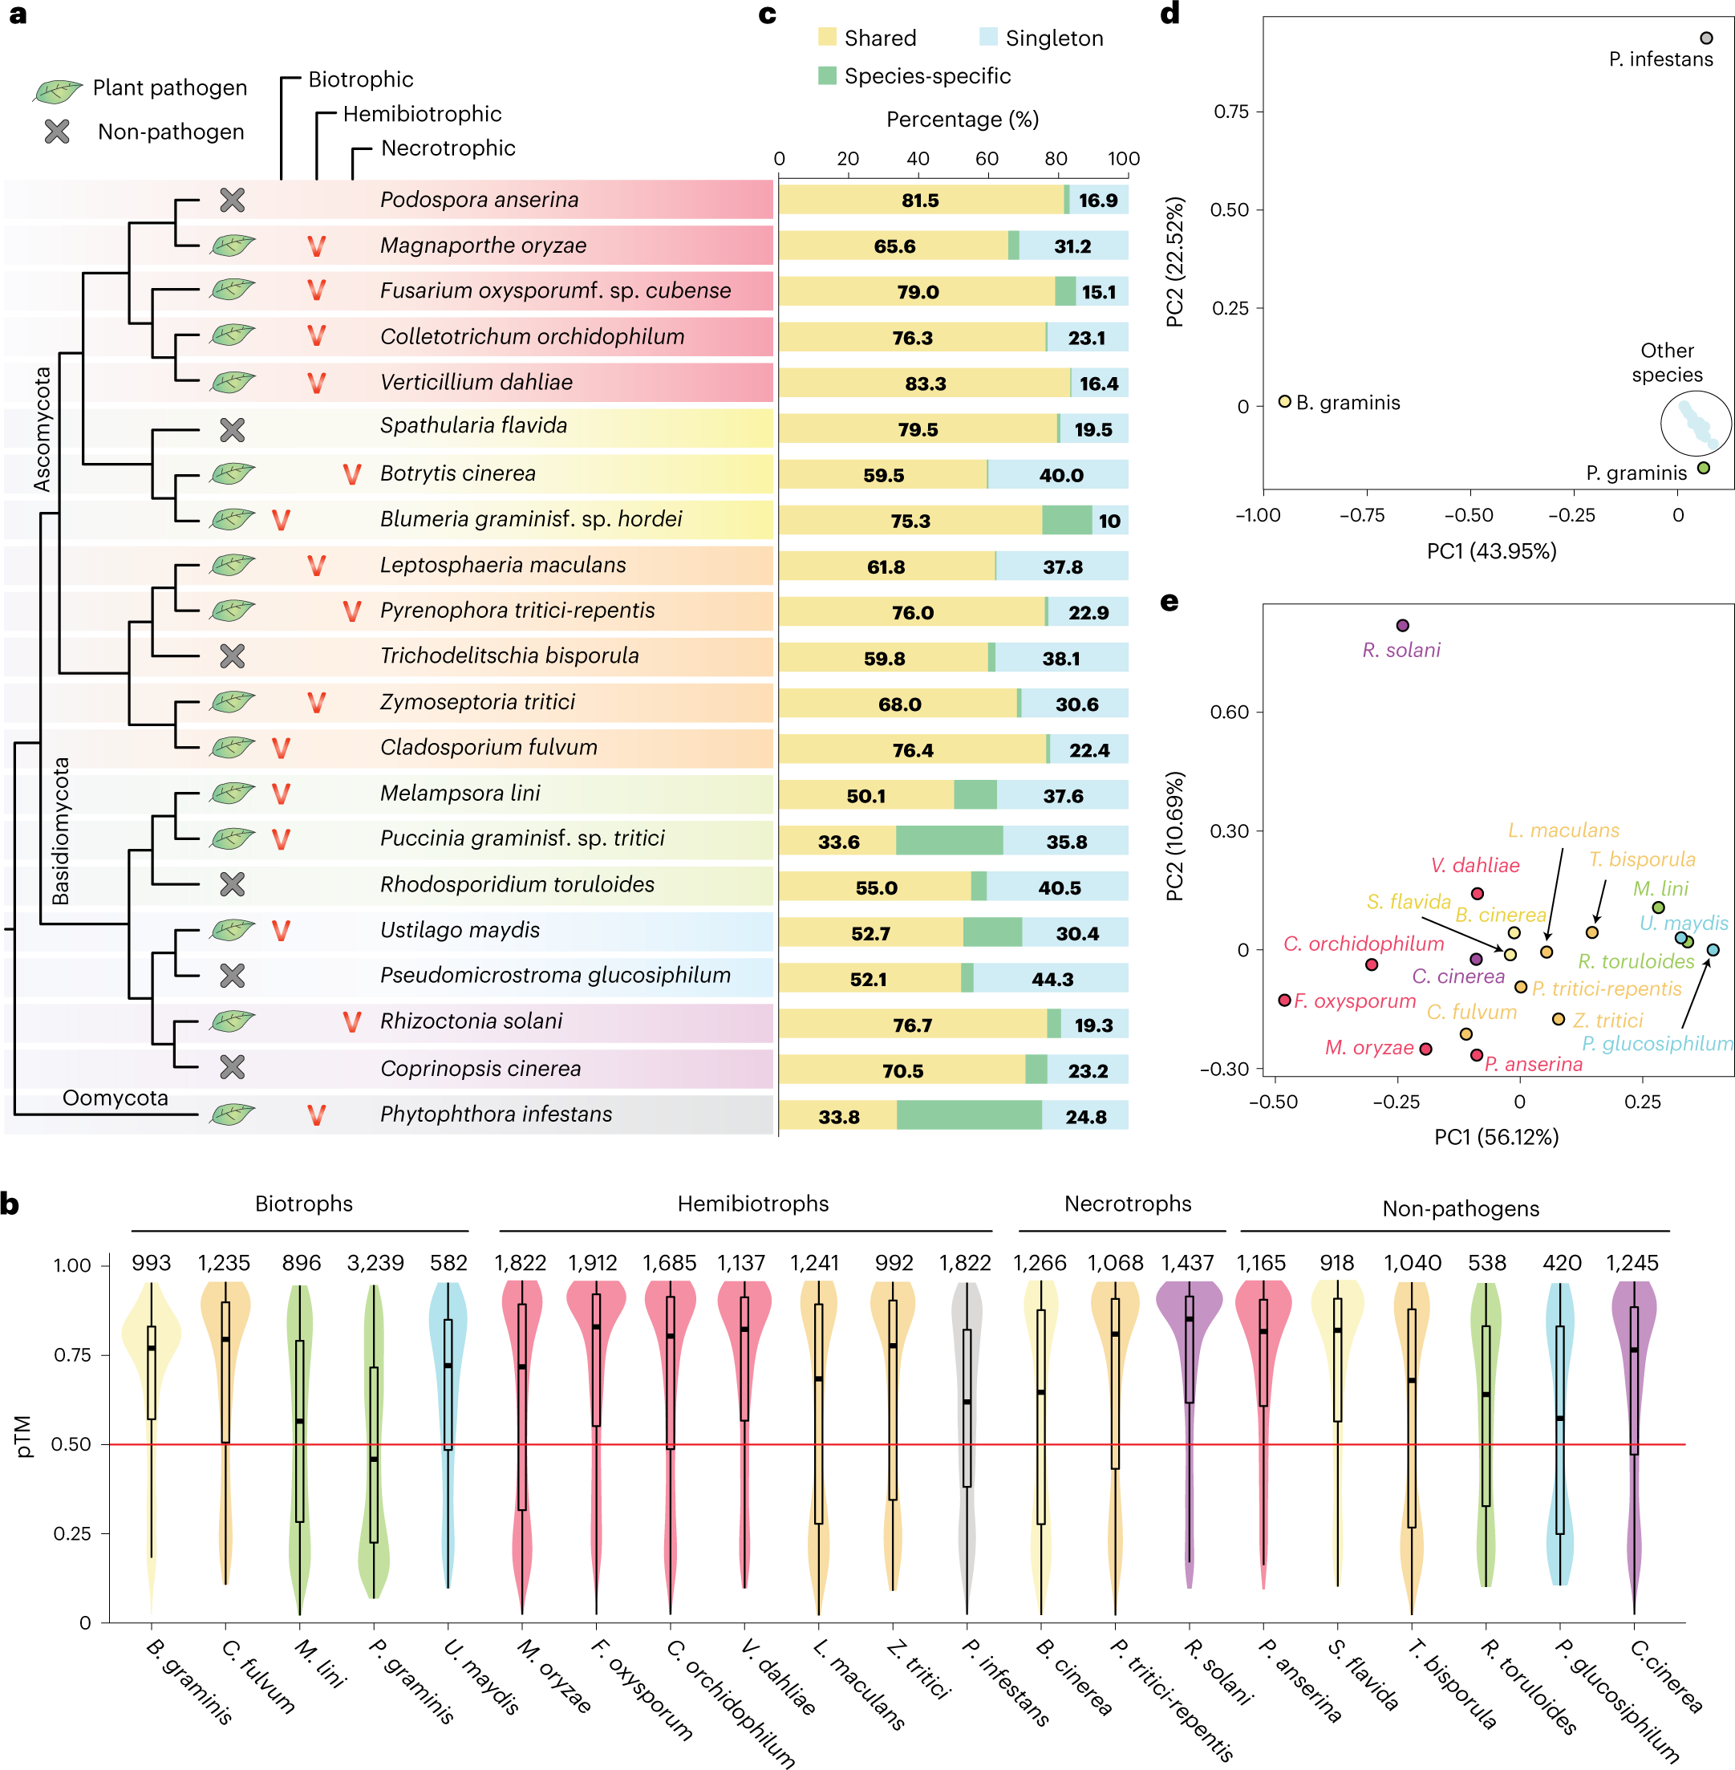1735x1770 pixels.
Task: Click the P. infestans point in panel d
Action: point(1706,39)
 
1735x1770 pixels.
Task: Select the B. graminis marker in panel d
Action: point(1285,401)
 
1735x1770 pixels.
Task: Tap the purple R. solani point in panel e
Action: point(1402,625)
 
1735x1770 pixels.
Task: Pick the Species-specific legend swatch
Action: point(828,75)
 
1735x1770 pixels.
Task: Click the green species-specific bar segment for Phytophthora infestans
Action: point(969,1115)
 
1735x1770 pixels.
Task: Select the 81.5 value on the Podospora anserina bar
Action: point(920,201)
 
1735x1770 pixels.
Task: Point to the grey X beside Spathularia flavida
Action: point(233,429)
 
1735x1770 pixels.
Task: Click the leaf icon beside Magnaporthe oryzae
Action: point(233,246)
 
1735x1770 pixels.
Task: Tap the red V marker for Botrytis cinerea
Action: point(352,474)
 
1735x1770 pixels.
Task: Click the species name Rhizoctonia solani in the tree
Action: point(471,1021)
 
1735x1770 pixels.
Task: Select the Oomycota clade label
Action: point(115,1098)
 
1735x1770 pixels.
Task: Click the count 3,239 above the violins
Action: point(375,1262)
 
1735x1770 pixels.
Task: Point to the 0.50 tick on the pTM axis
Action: point(71,1444)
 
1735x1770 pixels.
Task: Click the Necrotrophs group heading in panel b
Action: point(1127,1204)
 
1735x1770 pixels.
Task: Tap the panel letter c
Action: point(768,14)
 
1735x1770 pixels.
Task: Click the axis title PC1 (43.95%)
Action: point(1491,550)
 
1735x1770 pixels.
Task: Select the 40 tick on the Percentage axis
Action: point(918,159)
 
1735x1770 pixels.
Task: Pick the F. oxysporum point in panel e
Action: point(1285,1000)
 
